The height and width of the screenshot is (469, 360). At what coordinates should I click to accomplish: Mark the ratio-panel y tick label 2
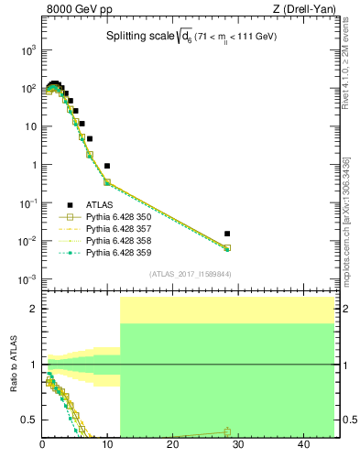(33, 309)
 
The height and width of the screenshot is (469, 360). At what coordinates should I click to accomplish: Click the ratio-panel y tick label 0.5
(28, 420)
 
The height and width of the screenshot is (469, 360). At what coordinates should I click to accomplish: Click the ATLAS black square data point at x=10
(107, 166)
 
